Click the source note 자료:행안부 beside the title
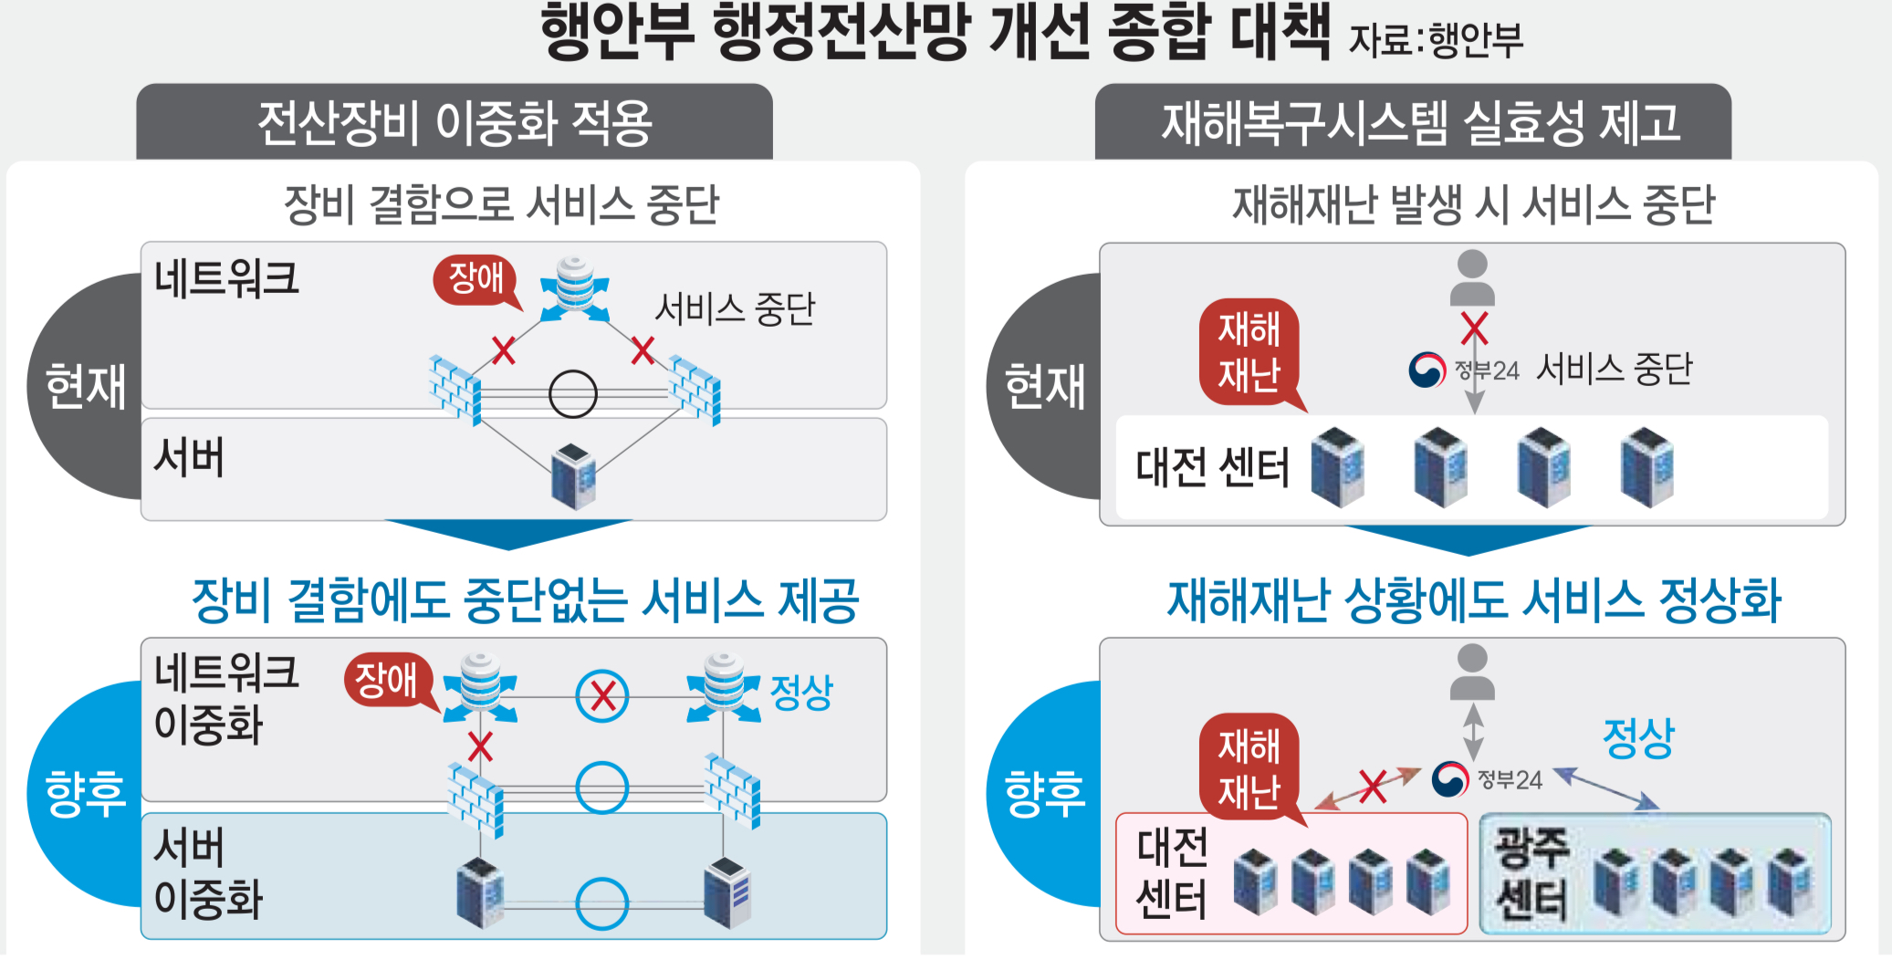pyautogui.click(x=1436, y=39)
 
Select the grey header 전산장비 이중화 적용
pyautogui.click(x=455, y=122)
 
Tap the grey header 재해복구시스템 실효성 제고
pyautogui.click(x=1413, y=122)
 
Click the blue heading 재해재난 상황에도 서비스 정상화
pyautogui.click(x=1474, y=600)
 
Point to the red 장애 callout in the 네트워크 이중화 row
pyautogui.click(x=387, y=681)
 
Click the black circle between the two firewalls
pyautogui.click(x=573, y=394)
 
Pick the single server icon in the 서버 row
pyautogui.click(x=573, y=475)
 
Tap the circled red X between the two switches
pyautogui.click(x=602, y=696)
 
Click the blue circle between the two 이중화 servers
pyautogui.click(x=602, y=903)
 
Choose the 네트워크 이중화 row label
pyautogui.click(x=225, y=699)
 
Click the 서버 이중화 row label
pyautogui.click(x=208, y=873)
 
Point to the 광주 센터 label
pyautogui.click(x=1531, y=873)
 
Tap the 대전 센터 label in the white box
pyautogui.click(x=1212, y=467)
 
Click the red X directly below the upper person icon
pyautogui.click(x=1474, y=328)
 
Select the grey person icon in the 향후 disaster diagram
pyautogui.click(x=1472, y=673)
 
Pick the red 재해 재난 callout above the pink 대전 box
pyautogui.click(x=1249, y=767)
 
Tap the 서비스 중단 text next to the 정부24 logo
pyautogui.click(x=1615, y=369)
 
